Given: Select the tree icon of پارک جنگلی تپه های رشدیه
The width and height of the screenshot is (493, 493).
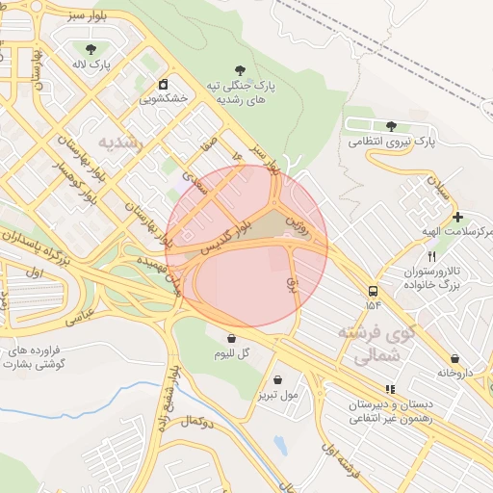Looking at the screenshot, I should (x=238, y=69).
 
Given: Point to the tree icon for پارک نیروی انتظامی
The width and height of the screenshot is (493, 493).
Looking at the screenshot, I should (x=391, y=126).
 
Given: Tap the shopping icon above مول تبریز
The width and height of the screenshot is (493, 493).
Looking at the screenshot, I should (x=277, y=380).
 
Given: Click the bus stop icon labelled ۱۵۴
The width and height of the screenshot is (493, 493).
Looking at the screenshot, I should (x=373, y=290).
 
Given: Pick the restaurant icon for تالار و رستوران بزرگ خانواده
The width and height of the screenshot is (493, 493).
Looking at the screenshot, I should (x=431, y=256).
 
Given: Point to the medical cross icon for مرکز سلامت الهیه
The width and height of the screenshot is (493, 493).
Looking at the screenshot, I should (x=457, y=218).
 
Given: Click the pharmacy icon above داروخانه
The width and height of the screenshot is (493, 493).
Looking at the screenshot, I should (x=454, y=358).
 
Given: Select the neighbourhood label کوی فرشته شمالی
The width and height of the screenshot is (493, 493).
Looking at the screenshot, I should (x=376, y=345).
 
